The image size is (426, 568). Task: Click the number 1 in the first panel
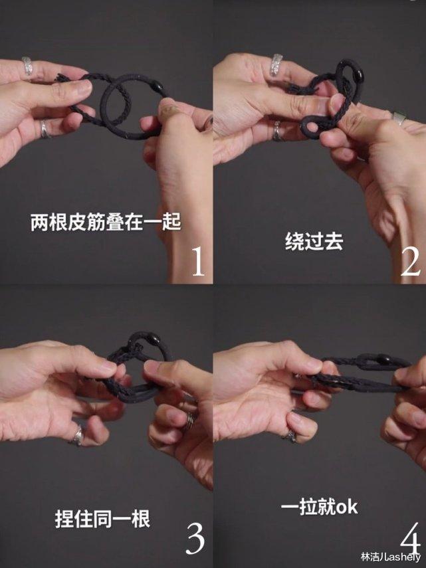pyautogui.click(x=197, y=261)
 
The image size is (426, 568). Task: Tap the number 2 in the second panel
pyautogui.click(x=410, y=262)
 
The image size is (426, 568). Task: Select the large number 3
pyautogui.click(x=195, y=538)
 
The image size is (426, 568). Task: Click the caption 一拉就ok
pyautogui.click(x=319, y=508)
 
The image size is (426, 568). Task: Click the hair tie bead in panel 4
pyautogui.click(x=383, y=361)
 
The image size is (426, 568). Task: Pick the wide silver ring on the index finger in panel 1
pyautogui.click(x=28, y=66)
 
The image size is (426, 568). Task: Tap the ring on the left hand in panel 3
pyautogui.click(x=78, y=435)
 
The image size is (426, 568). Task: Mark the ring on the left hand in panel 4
pyautogui.click(x=290, y=435)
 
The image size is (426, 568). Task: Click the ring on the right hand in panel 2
pyautogui.click(x=399, y=118)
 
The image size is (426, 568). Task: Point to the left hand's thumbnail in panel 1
pyautogui.click(x=82, y=86)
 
